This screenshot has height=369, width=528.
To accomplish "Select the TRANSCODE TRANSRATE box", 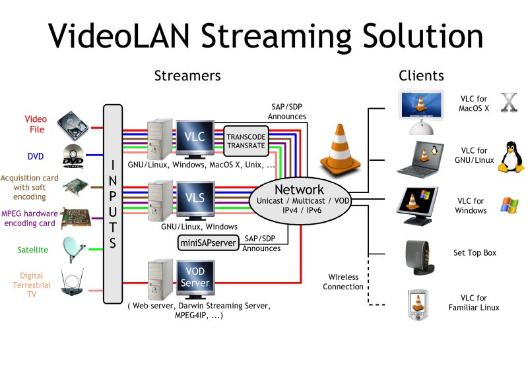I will coord(246,140).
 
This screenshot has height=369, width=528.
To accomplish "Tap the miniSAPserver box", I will coord(208,243).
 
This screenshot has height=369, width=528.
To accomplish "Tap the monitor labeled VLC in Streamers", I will coord(195,136).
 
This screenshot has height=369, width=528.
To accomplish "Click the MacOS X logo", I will coord(509,104).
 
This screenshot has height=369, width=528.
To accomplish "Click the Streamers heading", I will coord(187,76).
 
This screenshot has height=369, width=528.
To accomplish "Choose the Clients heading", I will coord(421,76).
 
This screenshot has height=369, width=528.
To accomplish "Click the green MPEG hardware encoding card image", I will coord(75,218).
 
